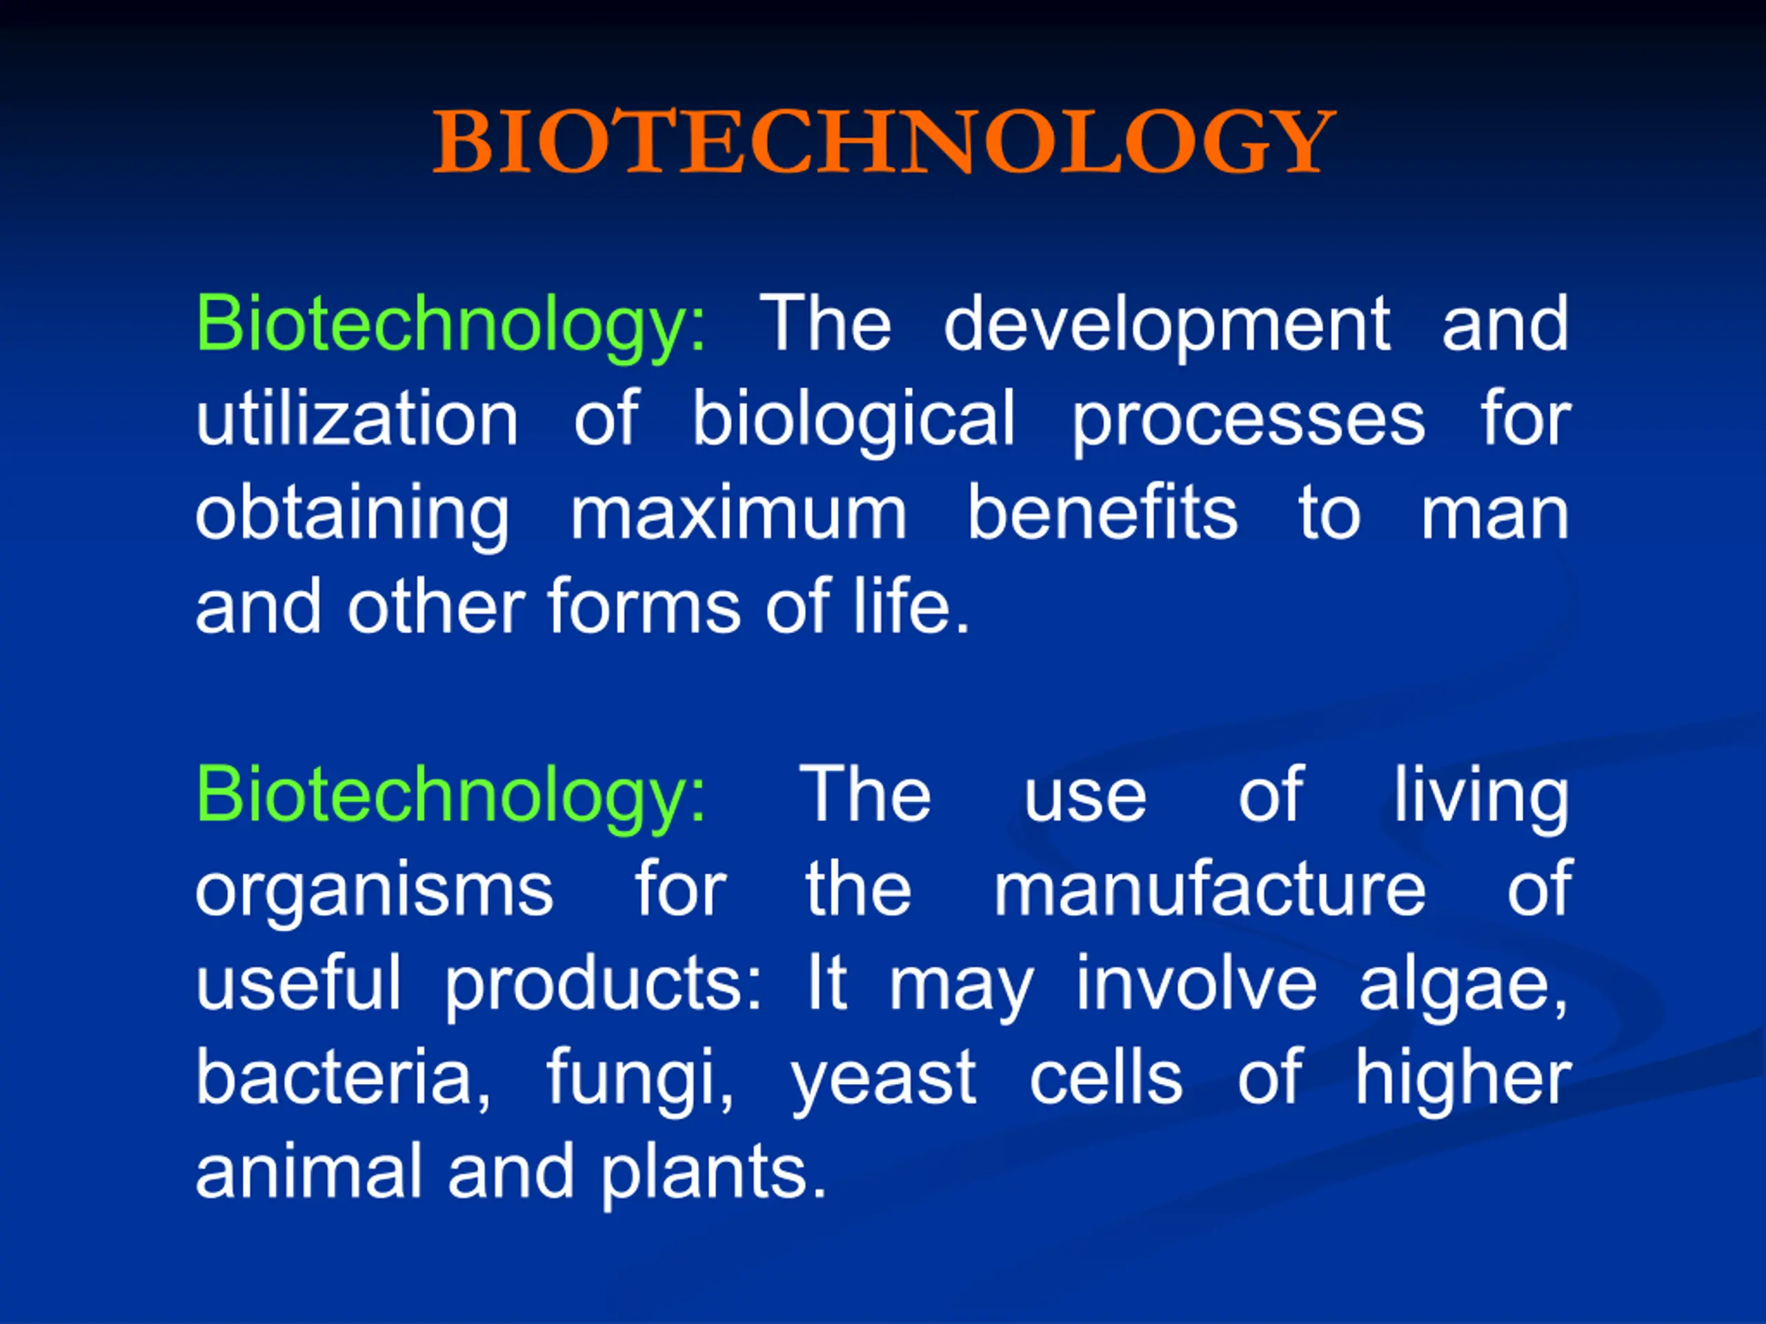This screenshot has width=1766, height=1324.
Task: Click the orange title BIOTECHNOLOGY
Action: (x=884, y=141)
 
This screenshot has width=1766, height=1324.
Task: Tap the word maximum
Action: (x=739, y=514)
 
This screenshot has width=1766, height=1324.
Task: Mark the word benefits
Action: (x=1102, y=511)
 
